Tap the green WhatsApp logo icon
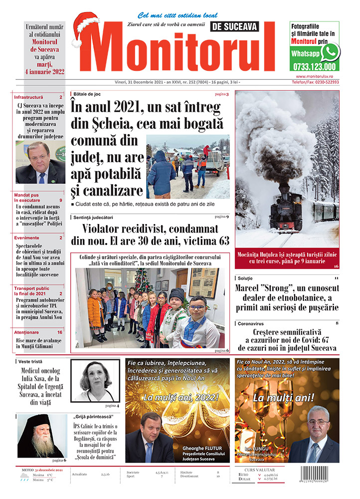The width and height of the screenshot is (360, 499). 330,52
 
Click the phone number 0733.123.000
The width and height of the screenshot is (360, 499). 313,66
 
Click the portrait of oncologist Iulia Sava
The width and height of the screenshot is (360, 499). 95,380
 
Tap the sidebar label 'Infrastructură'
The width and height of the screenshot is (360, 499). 28,97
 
